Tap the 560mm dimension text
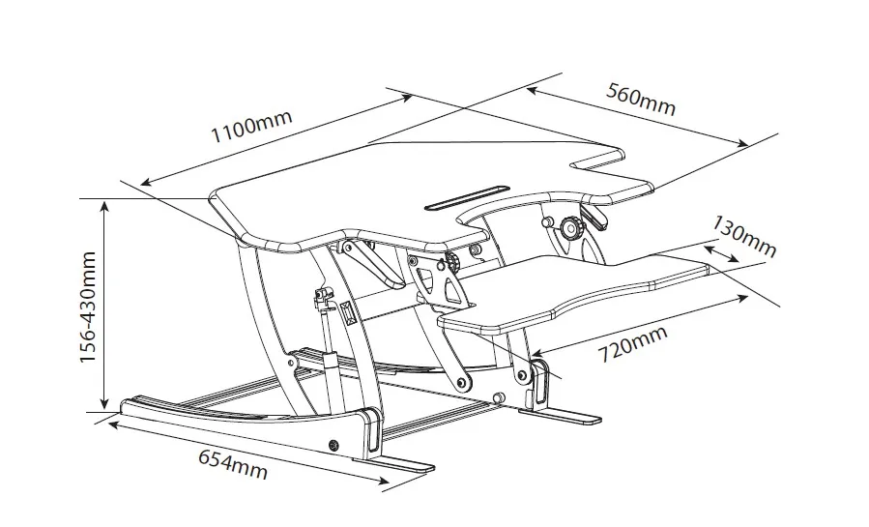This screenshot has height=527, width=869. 641,99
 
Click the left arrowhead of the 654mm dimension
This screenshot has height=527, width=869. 113,423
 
